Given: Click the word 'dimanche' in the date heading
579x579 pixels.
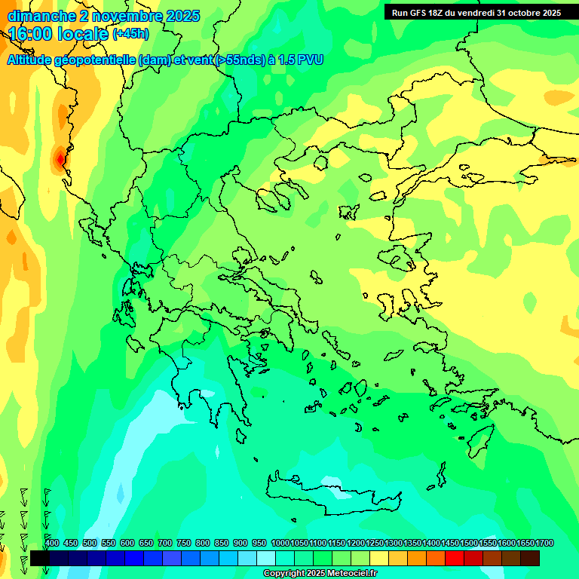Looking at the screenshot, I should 35,16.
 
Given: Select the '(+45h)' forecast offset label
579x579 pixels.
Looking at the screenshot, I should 130,34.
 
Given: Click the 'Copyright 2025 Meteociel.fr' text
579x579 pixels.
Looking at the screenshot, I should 320,574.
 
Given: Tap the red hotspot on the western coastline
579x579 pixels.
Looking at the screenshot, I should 60,159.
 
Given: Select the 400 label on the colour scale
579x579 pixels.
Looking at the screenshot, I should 52,544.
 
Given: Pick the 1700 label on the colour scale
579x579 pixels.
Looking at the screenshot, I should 544,544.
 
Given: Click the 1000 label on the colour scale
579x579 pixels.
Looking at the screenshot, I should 280,544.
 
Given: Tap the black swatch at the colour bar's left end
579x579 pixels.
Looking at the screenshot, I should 40,558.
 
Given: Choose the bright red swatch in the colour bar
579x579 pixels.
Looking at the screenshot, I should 455,558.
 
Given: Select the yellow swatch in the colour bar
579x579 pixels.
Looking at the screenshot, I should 379,558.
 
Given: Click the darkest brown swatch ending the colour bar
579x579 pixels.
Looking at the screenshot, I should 530,558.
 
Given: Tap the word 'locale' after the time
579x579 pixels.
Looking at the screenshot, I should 83,34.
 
